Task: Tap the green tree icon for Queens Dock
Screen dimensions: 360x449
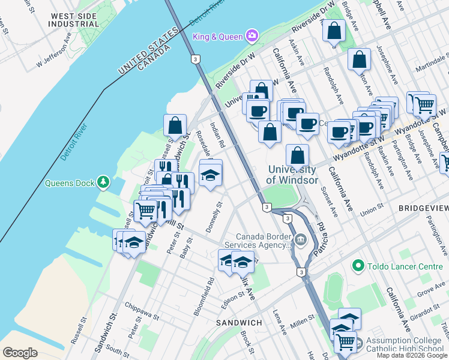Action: (x=104, y=181)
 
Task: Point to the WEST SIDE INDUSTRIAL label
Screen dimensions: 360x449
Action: (x=75, y=20)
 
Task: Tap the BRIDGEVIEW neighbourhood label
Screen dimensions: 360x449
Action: (x=423, y=208)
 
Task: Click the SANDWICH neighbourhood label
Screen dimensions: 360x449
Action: (x=239, y=323)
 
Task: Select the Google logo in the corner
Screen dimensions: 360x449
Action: (x=20, y=353)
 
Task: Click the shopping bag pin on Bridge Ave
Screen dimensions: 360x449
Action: (x=334, y=31)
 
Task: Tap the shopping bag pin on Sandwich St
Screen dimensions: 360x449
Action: (x=175, y=125)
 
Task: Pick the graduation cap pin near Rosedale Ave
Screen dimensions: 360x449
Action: (x=210, y=175)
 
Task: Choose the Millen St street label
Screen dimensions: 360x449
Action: (x=303, y=318)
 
